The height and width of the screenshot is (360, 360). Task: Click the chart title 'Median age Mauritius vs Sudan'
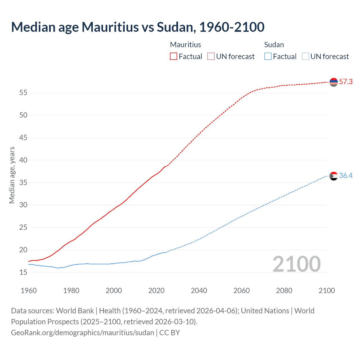tap(138, 27)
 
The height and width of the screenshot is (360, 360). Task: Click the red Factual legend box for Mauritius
tap(174, 56)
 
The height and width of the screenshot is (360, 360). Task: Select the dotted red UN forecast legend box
tap(211, 56)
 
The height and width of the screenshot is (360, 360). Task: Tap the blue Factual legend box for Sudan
tap(268, 56)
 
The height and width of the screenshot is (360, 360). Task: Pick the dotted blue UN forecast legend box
tap(305, 56)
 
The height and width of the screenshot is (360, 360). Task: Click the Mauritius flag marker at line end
tap(334, 82)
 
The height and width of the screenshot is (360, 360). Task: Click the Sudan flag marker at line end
tap(334, 176)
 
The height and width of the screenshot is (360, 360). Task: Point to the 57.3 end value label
tap(346, 82)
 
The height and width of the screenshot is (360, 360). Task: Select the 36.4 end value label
tap(346, 176)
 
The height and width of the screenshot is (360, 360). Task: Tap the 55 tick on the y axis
tap(23, 93)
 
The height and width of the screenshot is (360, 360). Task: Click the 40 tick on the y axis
tap(23, 160)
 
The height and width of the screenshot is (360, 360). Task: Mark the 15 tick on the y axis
tap(23, 272)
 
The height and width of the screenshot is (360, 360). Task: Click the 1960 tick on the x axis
tap(29, 291)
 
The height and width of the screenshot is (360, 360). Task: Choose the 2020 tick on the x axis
tap(156, 291)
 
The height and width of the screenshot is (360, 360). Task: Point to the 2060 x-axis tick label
tap(242, 291)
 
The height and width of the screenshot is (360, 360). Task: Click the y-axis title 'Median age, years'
tap(12, 175)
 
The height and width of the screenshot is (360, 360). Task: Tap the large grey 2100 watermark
tap(296, 264)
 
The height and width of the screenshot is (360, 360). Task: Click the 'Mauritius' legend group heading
tap(186, 45)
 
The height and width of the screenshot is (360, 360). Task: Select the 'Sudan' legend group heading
tap(274, 45)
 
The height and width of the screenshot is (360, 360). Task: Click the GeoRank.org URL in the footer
tap(82, 333)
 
